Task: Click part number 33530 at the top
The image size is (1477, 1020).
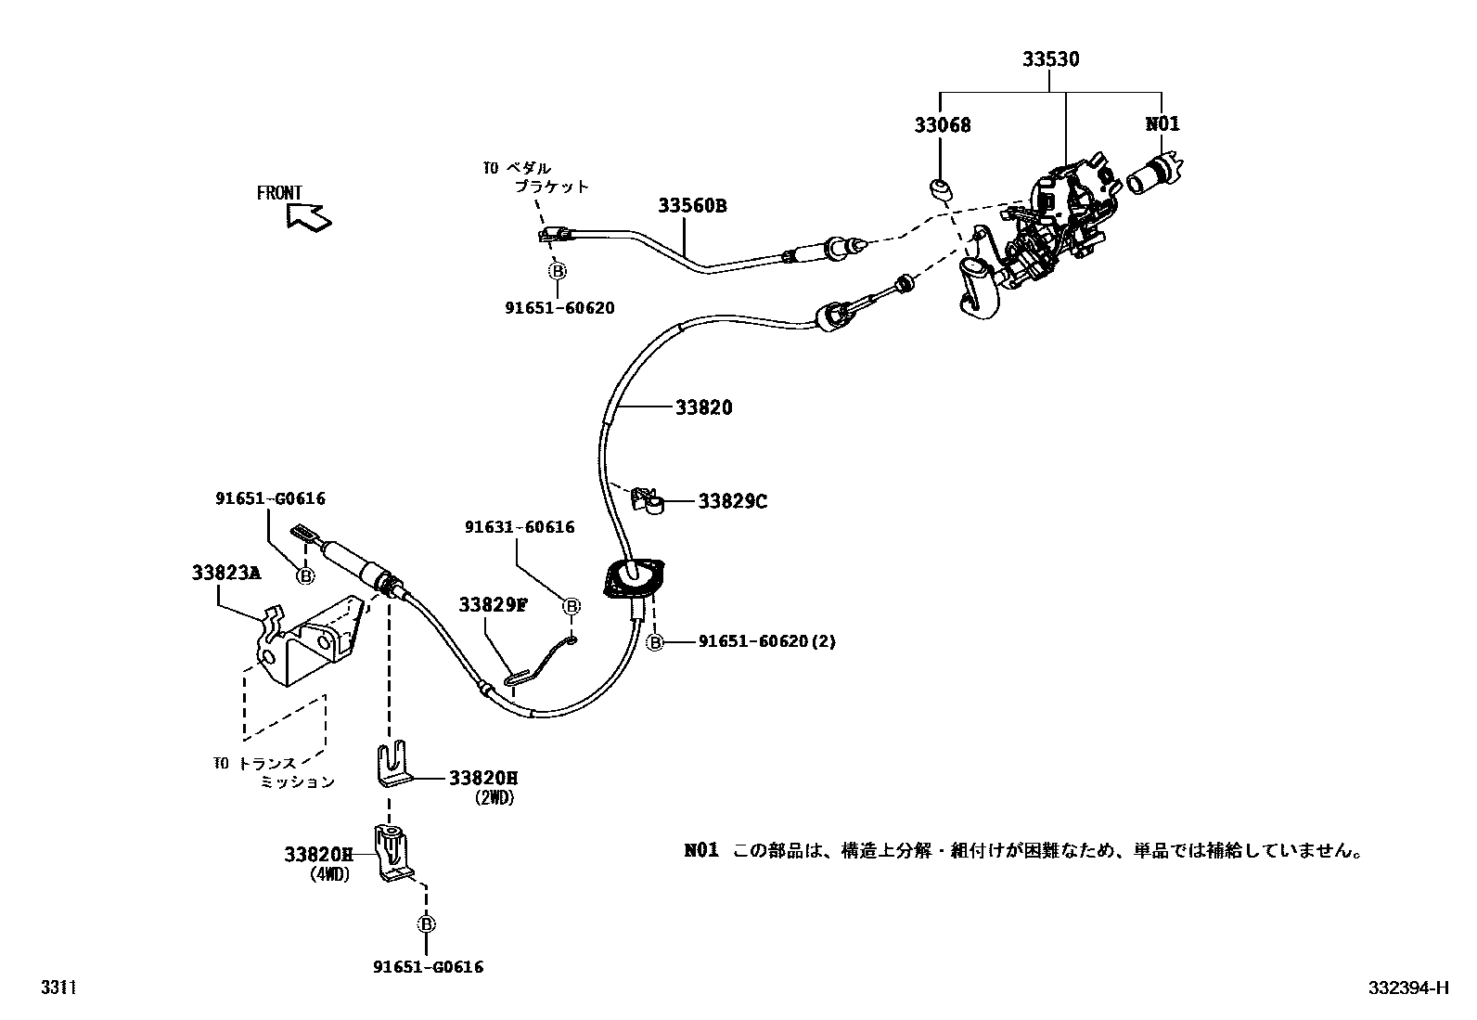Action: click(x=1050, y=59)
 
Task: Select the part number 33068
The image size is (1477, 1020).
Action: click(x=942, y=124)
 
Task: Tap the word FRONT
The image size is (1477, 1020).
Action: click(x=279, y=193)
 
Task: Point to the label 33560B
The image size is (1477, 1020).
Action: click(x=692, y=206)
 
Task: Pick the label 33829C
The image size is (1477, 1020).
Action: click(x=732, y=501)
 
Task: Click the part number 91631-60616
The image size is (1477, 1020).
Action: click(x=520, y=527)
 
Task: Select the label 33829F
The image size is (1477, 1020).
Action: click(x=493, y=605)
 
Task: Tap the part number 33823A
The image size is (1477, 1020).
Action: click(x=226, y=573)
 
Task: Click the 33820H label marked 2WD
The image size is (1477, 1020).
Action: click(x=483, y=779)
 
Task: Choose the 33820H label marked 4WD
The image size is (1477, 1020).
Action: click(x=319, y=855)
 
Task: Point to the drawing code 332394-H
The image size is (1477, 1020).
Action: click(x=1407, y=988)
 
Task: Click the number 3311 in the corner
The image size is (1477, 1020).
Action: click(x=57, y=988)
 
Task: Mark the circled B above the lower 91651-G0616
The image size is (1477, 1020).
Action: click(x=426, y=924)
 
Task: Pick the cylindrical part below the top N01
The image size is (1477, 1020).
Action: click(x=1154, y=174)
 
